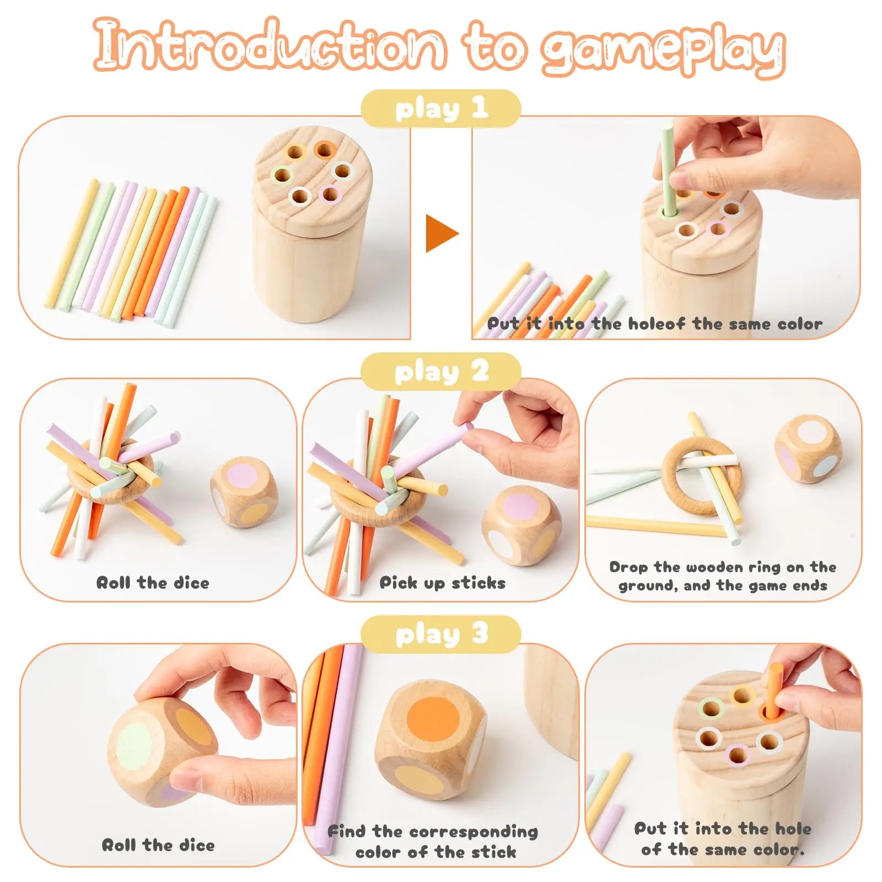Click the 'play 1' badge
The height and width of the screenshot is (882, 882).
pos(440,109)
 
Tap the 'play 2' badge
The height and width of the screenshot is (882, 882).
pos(440,372)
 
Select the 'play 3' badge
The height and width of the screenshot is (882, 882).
pos(440,634)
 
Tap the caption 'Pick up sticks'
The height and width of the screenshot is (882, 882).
pos(442,583)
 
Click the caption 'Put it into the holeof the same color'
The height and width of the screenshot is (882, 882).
pos(654,324)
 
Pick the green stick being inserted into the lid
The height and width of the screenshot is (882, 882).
pos(668,168)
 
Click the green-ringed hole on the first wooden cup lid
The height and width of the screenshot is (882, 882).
pos(282,176)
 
